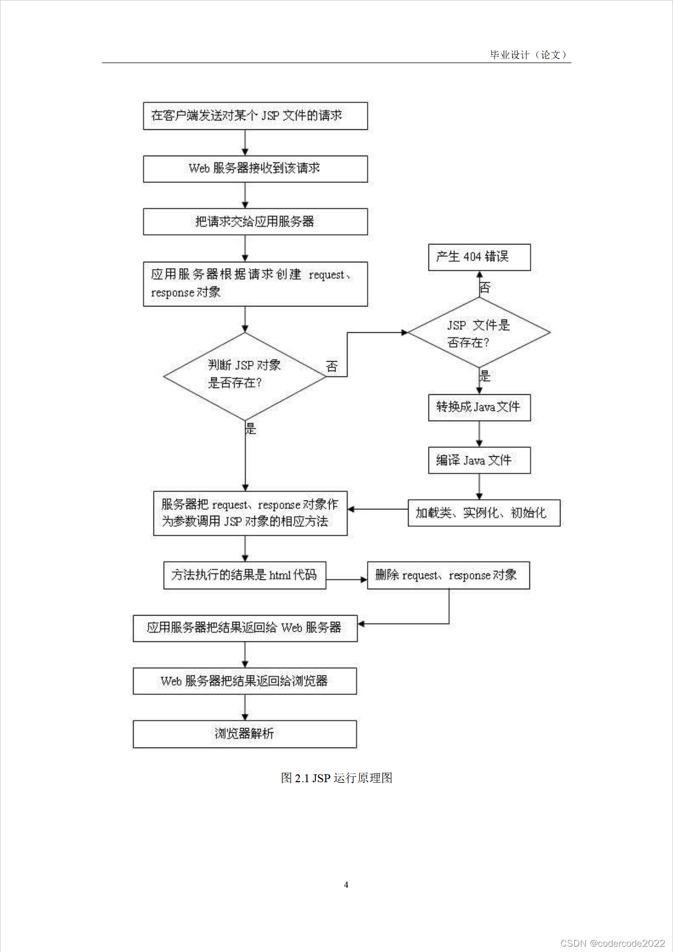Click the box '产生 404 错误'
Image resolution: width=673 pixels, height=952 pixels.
(479, 257)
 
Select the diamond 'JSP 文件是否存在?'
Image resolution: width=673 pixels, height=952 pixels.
(478, 333)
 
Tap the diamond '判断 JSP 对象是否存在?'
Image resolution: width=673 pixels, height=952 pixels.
(245, 375)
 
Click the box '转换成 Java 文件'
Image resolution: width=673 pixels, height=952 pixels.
(479, 407)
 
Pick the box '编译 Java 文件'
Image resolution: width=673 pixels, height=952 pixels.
(479, 460)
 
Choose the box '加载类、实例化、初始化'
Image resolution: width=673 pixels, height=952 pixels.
(484, 513)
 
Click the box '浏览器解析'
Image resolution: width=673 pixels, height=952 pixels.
(244, 734)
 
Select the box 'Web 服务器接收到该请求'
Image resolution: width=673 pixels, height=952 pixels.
(255, 169)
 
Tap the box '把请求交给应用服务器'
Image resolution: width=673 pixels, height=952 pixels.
(255, 222)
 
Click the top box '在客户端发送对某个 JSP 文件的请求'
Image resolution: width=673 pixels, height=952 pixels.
(255, 116)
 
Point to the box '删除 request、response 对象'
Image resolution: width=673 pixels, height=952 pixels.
(448, 576)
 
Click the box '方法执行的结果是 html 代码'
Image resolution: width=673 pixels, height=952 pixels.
(244, 576)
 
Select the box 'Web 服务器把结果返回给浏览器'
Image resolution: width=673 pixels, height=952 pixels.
(244, 681)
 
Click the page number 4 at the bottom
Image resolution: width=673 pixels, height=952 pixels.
(346, 885)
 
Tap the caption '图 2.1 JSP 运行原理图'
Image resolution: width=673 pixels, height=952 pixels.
(336, 778)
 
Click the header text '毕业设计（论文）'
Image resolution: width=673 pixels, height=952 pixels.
(529, 55)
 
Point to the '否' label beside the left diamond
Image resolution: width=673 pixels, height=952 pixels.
(332, 366)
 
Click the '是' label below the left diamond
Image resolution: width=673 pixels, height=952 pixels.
(251, 428)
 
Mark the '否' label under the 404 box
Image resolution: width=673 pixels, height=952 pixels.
(485, 287)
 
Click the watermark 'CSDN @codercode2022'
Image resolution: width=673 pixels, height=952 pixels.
(613, 943)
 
